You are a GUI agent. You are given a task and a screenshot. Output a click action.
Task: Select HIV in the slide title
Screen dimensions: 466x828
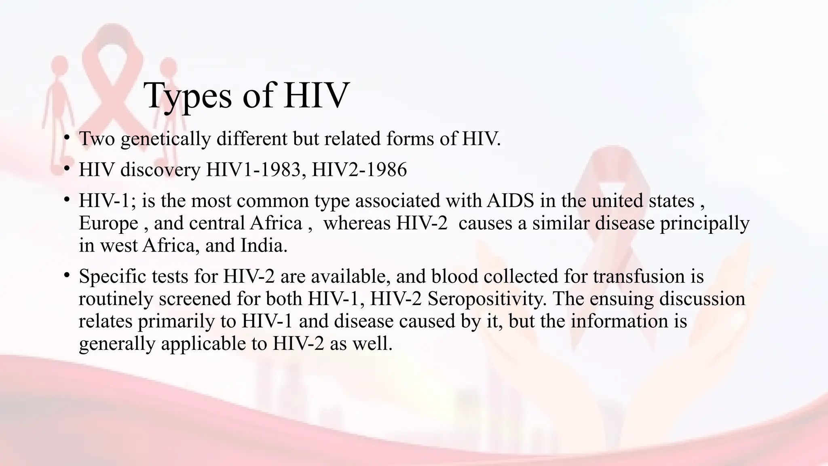[x=316, y=95]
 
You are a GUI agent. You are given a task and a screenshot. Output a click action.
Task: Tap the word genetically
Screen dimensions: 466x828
[x=165, y=139]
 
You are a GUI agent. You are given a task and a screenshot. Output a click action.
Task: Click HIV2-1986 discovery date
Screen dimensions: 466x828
[x=359, y=169]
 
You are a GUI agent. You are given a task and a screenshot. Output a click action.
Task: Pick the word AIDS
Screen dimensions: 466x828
[x=510, y=201]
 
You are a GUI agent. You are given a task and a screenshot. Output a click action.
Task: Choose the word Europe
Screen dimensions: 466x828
[x=108, y=223]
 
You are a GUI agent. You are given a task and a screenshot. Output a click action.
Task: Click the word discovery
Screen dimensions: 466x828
[x=160, y=169]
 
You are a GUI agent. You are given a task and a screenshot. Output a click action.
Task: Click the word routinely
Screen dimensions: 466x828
[x=115, y=299]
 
